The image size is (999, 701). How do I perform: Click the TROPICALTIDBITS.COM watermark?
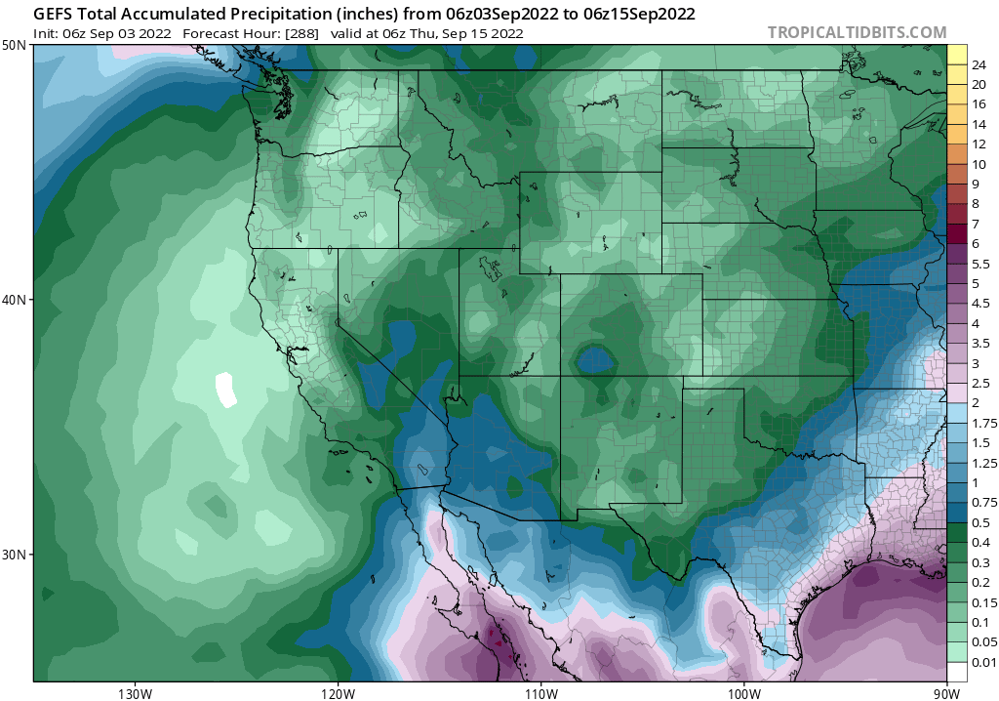pos(857,32)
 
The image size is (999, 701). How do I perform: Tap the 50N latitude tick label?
pos(15,46)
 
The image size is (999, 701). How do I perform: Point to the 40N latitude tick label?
pos(15,300)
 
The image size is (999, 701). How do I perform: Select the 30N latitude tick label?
pos(15,554)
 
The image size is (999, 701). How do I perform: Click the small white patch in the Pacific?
pos(226,390)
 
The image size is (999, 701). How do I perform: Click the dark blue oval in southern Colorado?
pos(594,361)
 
